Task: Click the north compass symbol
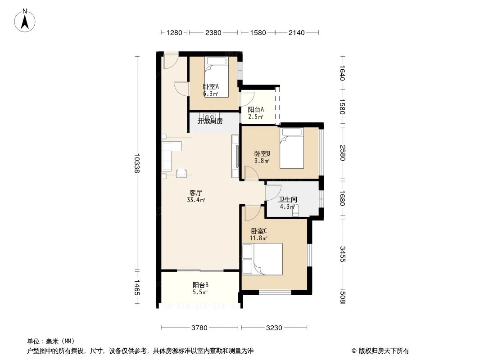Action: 25,20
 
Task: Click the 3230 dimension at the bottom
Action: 274,328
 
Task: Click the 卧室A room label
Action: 211,87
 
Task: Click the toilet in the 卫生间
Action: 296,211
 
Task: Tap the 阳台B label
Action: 200,285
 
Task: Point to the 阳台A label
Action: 256,109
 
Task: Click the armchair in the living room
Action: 182,172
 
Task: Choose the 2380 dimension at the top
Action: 213,32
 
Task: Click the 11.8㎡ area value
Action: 258,238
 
